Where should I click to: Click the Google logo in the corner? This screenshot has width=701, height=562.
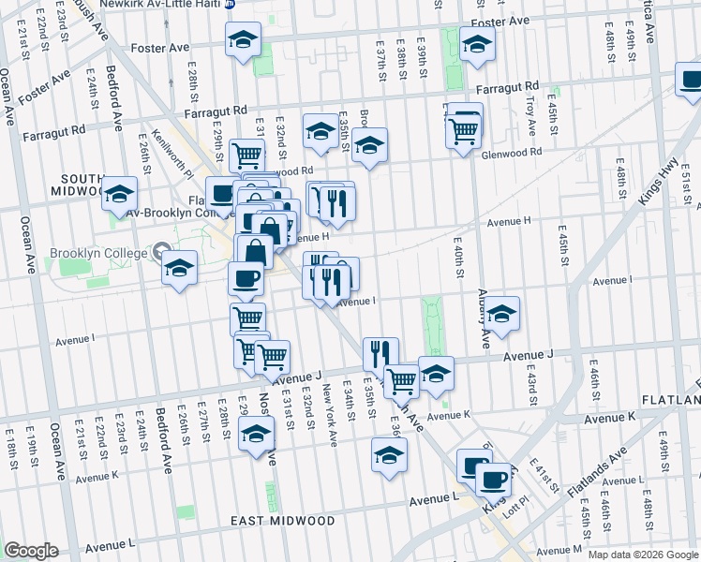(31, 551)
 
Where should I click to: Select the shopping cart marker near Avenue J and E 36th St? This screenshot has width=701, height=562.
(401, 379)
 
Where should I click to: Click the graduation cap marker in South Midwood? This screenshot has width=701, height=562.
(119, 193)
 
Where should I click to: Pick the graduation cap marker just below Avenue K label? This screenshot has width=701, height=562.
(390, 456)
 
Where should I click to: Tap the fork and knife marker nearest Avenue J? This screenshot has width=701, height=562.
(380, 353)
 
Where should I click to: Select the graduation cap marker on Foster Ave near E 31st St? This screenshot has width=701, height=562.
(244, 39)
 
